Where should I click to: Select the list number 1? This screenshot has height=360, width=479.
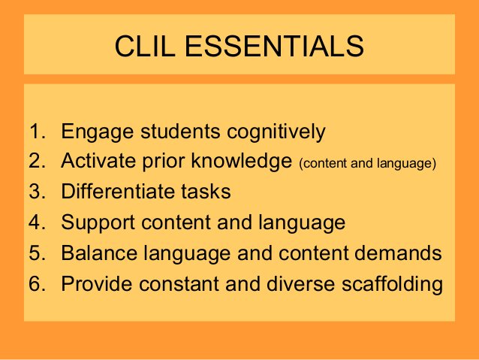point(37,132)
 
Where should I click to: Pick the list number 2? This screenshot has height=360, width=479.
point(37,160)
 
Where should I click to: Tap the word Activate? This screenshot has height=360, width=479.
point(98,160)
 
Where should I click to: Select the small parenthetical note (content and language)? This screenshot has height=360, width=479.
point(368,162)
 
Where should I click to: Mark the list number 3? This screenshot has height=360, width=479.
point(37,191)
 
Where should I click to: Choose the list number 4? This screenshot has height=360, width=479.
point(37,222)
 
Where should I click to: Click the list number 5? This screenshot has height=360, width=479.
point(37,253)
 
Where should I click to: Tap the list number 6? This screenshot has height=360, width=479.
point(37,285)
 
